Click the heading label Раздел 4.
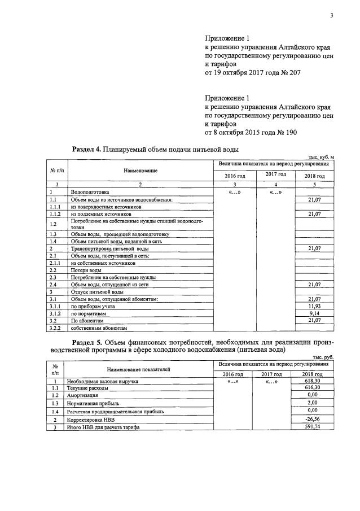[87, 149]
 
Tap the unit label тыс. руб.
[323, 357]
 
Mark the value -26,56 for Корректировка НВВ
[313, 420]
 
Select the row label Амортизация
[83, 396]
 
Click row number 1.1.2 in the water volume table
[55, 215]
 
